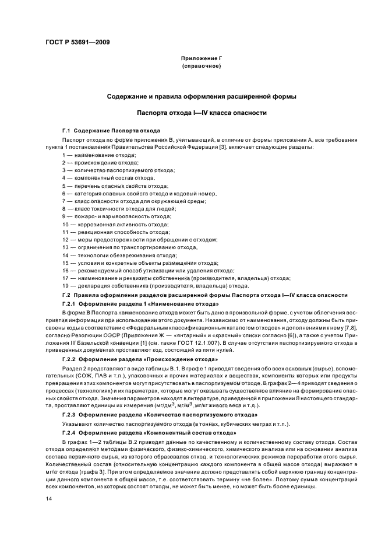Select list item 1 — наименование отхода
[x=99, y=155]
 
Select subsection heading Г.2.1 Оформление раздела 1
[x=140, y=304]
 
